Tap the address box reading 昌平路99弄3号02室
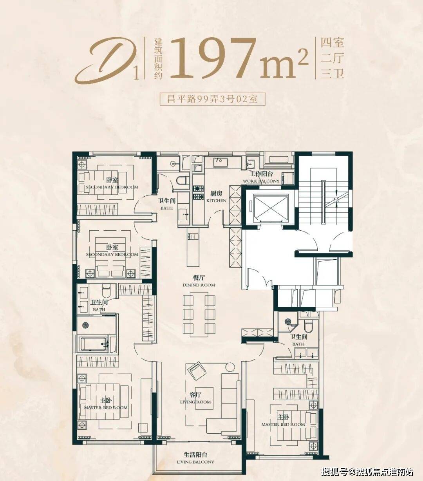pyautogui.click(x=212, y=99)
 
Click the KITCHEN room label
pyautogui.click(x=216, y=201)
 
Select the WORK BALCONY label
pyautogui.click(x=261, y=181)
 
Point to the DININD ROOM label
pyautogui.click(x=199, y=285)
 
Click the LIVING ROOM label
pyautogui.click(x=195, y=402)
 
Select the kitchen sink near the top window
pyautogui.click(x=221, y=163)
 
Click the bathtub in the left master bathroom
pyautogui.click(x=93, y=344)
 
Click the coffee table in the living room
pyautogui.click(x=204, y=399)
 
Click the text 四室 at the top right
pyautogui.click(x=332, y=43)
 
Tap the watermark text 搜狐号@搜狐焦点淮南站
pyautogui.click(x=367, y=472)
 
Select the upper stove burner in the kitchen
pyautogui.click(x=199, y=189)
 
